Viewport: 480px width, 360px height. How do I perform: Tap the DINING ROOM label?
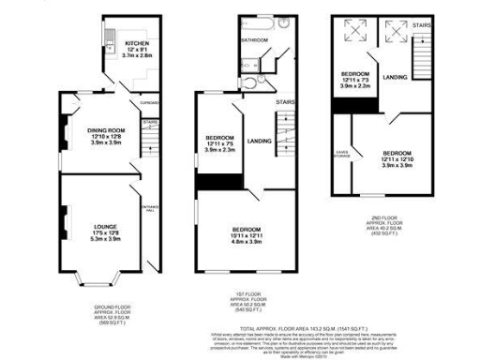coord(106,130)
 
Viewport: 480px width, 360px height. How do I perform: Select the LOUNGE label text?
coord(105,226)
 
